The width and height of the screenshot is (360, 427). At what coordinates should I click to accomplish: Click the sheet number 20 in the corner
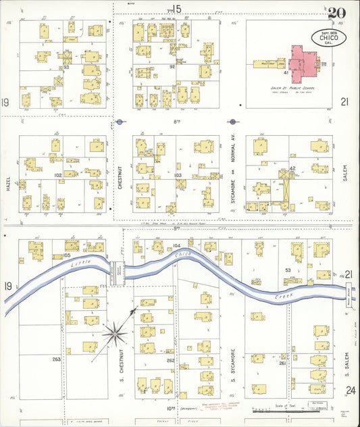point(336,13)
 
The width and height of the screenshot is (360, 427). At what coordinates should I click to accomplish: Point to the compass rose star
point(116,332)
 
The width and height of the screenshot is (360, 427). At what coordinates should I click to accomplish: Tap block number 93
point(66,68)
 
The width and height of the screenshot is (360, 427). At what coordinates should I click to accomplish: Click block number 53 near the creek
point(288,270)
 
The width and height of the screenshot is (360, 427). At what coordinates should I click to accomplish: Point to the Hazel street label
point(10,178)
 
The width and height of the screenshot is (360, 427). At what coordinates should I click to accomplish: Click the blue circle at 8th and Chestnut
point(120,122)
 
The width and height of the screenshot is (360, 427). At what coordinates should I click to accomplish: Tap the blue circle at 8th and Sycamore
point(233,122)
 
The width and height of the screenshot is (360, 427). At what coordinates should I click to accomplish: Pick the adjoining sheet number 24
point(350,390)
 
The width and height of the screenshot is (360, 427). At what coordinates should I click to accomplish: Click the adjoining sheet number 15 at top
point(177,9)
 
